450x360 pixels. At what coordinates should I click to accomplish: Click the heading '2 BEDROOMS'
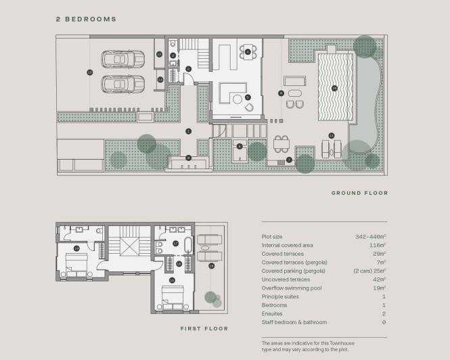86,20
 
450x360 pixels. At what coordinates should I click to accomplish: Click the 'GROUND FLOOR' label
359,193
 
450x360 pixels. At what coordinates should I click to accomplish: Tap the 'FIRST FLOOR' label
204,329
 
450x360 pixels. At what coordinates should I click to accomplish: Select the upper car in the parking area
122,60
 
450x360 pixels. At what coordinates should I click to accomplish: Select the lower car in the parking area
122,84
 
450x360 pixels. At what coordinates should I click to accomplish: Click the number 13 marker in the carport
89,72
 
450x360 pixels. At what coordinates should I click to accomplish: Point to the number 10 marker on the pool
334,88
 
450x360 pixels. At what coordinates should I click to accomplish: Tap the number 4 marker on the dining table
248,51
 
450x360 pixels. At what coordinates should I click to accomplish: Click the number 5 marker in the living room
248,97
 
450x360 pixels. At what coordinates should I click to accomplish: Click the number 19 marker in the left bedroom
76,249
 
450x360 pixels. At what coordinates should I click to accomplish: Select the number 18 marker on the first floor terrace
211,266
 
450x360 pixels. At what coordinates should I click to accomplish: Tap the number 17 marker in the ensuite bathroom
175,243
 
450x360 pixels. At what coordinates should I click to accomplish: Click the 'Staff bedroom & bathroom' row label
294,322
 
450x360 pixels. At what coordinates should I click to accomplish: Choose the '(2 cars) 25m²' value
369,271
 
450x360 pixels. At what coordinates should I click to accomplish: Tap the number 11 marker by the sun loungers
331,135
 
